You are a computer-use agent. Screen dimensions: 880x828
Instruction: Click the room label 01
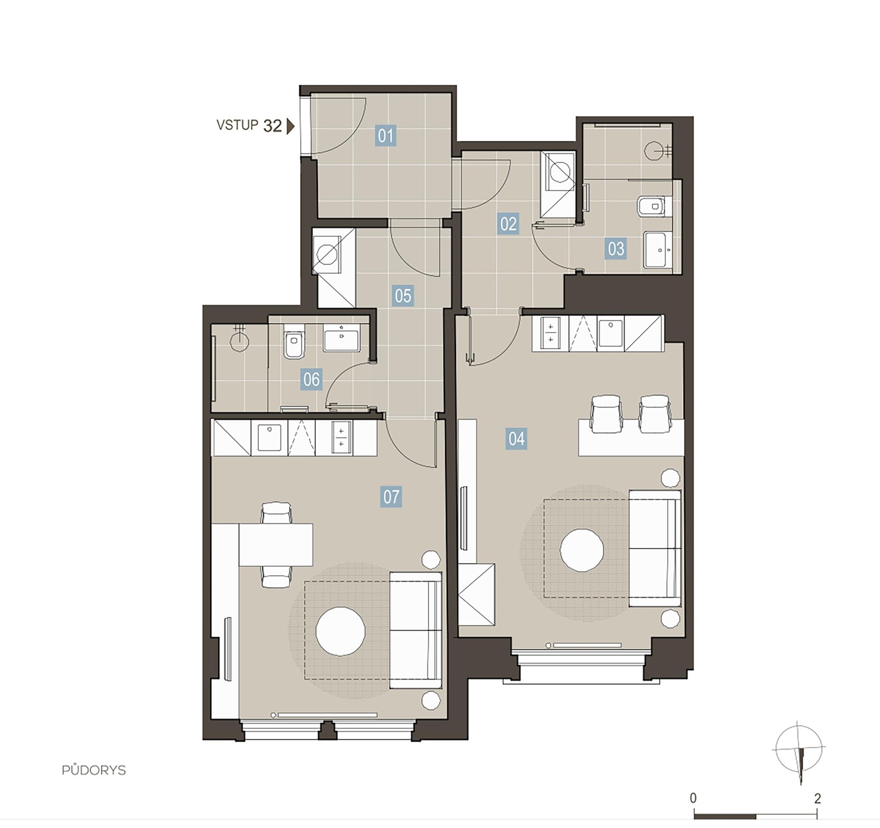(386, 135)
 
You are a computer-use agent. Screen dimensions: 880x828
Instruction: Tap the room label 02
(508, 224)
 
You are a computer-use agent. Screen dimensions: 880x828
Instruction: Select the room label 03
(616, 249)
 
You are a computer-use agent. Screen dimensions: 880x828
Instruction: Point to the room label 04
(516, 439)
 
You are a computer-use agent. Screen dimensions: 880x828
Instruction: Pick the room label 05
(403, 296)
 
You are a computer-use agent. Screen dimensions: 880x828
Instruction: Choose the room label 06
(311, 379)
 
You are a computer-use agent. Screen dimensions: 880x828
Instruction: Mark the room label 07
(391, 496)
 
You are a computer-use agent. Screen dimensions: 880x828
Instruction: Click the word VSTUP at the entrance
(237, 125)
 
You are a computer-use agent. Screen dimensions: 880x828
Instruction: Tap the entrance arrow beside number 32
(291, 126)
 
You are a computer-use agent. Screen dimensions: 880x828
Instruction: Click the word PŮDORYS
(94, 770)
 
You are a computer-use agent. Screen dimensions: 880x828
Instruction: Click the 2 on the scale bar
(818, 798)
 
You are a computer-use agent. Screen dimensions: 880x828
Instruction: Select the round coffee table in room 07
(340, 631)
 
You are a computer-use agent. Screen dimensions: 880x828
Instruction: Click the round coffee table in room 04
(582, 550)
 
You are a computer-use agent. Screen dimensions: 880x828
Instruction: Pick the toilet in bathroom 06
(294, 345)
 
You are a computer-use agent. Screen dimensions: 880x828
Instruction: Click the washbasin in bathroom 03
(658, 250)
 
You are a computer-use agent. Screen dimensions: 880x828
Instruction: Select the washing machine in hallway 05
(327, 255)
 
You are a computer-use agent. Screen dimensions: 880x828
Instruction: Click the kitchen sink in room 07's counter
(269, 438)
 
